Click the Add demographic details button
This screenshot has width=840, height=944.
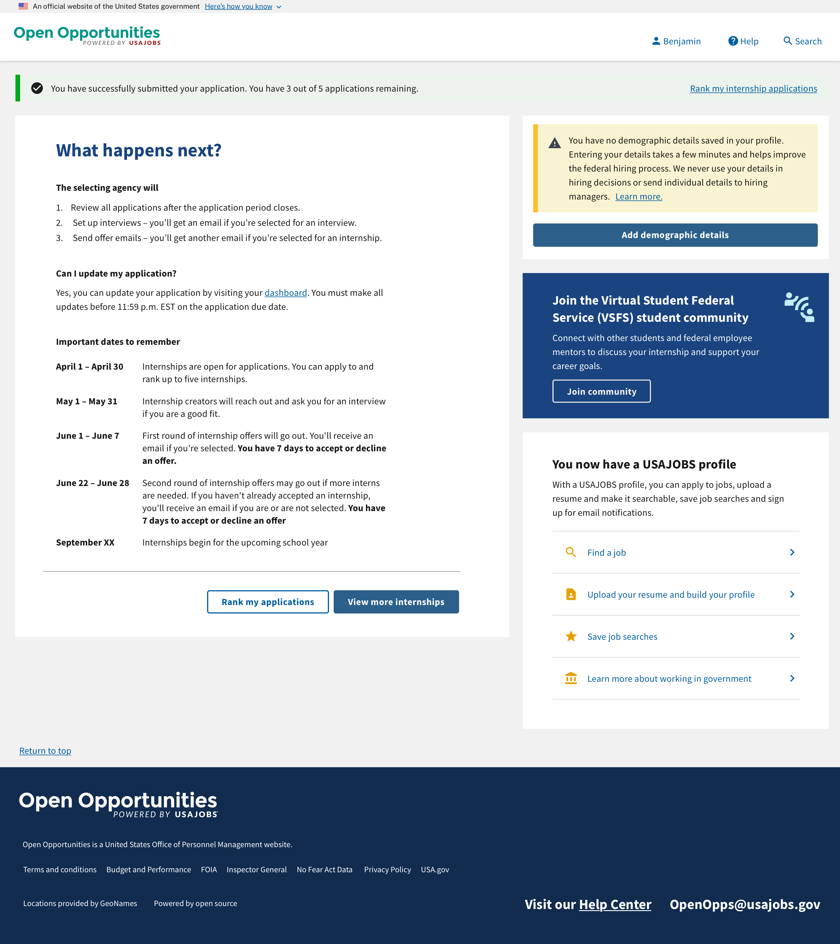coord(675,235)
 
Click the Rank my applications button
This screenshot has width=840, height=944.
coord(267,602)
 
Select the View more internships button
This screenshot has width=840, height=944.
coord(396,602)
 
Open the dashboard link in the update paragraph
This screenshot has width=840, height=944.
coord(285,293)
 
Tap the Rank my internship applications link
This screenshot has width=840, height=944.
coord(753,89)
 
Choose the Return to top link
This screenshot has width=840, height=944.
coord(45,751)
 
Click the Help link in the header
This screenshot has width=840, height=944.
coord(743,41)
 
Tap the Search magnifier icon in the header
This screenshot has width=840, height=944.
coord(787,41)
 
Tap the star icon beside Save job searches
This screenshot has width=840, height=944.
coord(571,637)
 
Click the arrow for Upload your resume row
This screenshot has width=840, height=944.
coord(792,595)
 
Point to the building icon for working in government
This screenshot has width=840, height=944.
coord(571,679)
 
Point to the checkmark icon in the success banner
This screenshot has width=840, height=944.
coord(37,88)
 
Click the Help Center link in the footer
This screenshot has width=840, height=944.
coord(615,904)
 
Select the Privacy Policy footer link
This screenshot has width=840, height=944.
coord(387,870)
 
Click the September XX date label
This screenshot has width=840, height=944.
coord(85,543)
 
